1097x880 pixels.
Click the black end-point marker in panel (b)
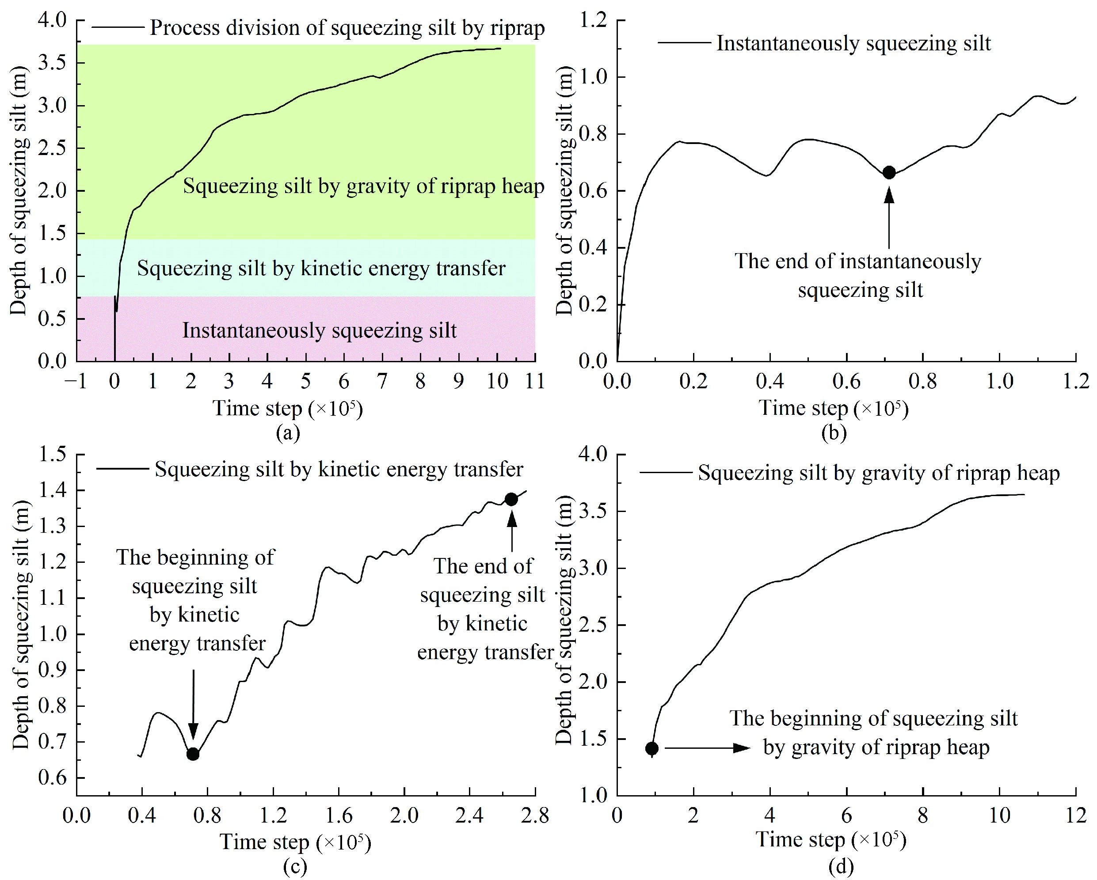(x=889, y=172)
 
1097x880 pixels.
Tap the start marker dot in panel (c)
(x=193, y=754)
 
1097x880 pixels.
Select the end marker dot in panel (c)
(x=511, y=500)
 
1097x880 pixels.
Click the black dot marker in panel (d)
(x=652, y=748)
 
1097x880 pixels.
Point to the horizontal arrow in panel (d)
(x=707, y=748)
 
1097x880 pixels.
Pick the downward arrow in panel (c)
(x=193, y=705)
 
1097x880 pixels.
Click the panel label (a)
(x=288, y=433)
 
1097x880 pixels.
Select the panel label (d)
(x=841, y=866)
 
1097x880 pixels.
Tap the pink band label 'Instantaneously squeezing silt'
(x=320, y=330)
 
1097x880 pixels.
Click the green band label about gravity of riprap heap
(x=363, y=186)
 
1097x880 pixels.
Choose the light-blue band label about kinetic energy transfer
(x=321, y=268)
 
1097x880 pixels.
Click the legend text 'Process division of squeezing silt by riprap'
(x=347, y=27)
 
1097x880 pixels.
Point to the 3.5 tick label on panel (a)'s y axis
(x=53, y=63)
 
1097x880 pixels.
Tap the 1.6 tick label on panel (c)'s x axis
(x=339, y=816)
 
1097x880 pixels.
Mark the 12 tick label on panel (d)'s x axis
(x=1076, y=816)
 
